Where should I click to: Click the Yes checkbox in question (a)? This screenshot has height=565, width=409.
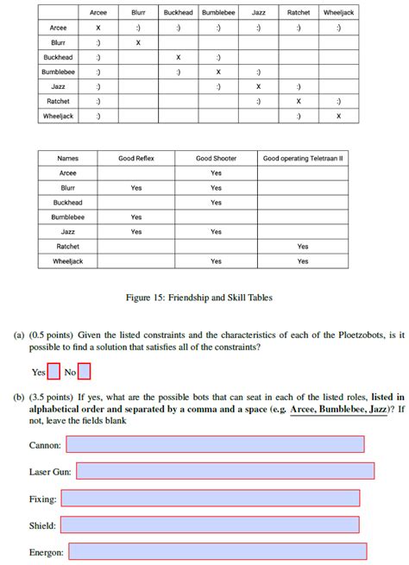(x=53, y=373)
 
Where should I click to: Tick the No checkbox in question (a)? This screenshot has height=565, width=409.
(x=84, y=373)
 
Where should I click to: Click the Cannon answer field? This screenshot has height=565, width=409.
(x=215, y=444)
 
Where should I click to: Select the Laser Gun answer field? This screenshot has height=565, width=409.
(x=225, y=471)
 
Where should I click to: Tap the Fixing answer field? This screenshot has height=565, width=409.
(x=211, y=499)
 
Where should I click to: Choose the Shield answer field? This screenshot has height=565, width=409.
(x=210, y=524)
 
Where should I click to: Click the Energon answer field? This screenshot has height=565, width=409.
(x=217, y=551)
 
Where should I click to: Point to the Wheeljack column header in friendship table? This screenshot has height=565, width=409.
(x=338, y=13)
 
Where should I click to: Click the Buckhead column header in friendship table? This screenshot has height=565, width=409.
(x=178, y=13)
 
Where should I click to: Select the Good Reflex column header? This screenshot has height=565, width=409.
(x=136, y=159)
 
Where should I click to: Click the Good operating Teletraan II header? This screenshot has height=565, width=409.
(x=303, y=159)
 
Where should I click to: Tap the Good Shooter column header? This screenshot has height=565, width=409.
(x=216, y=159)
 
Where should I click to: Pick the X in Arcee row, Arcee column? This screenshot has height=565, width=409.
(x=98, y=28)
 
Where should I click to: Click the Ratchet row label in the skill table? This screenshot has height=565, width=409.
(x=67, y=246)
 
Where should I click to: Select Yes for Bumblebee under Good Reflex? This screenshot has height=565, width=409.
(x=136, y=217)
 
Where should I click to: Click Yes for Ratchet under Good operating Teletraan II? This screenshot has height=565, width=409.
(x=303, y=246)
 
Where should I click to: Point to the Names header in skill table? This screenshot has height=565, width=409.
(x=67, y=159)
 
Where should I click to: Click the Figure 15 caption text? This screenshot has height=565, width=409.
(x=199, y=298)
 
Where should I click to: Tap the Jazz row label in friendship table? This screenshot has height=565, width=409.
(x=59, y=87)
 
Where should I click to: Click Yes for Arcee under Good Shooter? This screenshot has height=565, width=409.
(x=216, y=173)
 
